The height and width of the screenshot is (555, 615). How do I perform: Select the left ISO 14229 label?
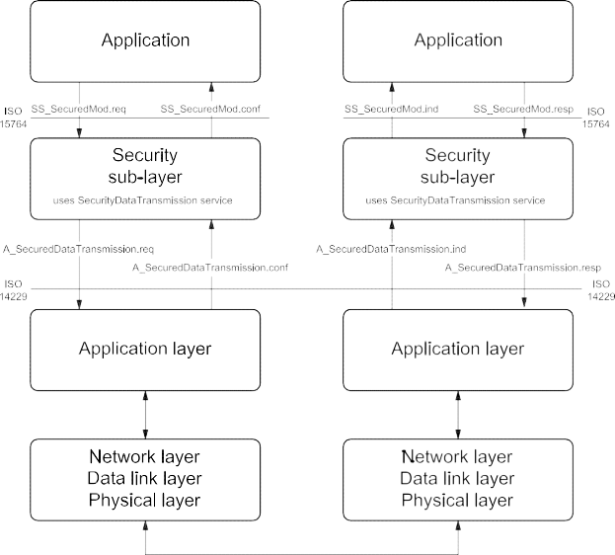click(14, 289)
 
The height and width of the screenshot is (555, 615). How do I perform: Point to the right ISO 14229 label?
click(599, 289)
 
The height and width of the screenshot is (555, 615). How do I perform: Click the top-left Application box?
click(146, 41)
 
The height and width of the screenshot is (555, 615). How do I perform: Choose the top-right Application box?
click(456, 41)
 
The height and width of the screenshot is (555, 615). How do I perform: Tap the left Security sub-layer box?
click(146, 178)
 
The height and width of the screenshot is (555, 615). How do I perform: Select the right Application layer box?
click(456, 349)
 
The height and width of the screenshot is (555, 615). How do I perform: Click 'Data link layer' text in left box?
click(146, 479)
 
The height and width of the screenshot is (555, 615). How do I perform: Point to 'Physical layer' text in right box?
click(456, 500)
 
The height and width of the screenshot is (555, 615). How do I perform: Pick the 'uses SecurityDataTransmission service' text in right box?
click(456, 201)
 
